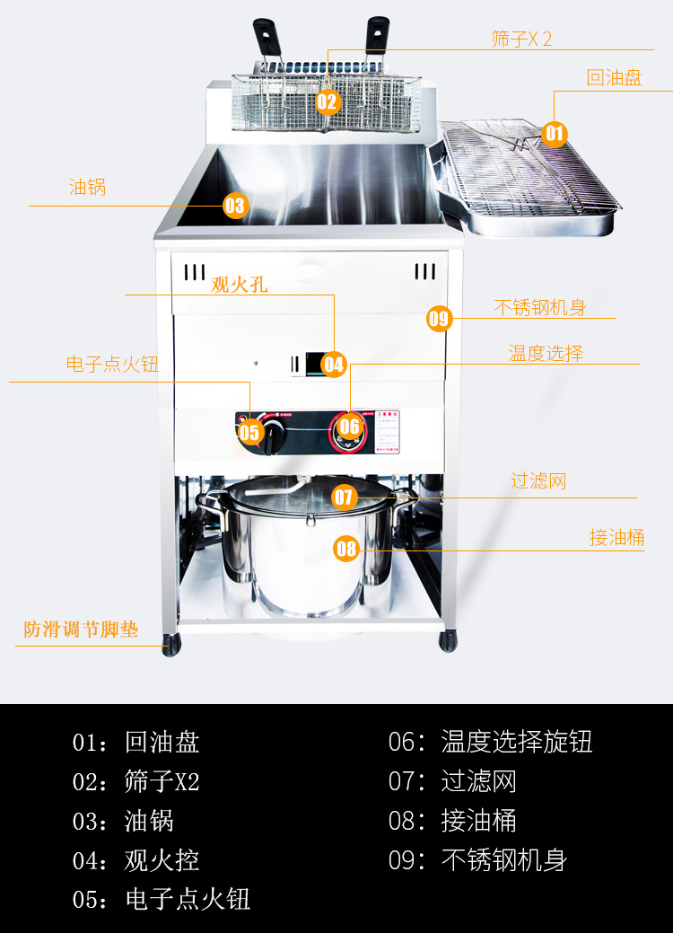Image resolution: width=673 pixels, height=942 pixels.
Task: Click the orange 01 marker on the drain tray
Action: click(x=555, y=135)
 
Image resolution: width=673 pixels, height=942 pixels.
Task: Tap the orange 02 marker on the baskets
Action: click(x=327, y=101)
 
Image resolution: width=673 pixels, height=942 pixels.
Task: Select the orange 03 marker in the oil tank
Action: click(x=234, y=206)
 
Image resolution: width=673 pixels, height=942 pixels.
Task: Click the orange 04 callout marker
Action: click(x=334, y=364)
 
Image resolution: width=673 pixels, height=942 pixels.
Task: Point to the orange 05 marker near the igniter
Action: click(x=249, y=432)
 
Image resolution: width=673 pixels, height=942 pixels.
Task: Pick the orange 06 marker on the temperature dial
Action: click(x=349, y=426)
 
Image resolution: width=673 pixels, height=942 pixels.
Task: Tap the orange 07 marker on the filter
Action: click(x=345, y=497)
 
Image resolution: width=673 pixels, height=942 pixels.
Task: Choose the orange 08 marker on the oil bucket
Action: click(x=346, y=548)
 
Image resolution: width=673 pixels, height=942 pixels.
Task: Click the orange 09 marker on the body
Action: click(x=439, y=318)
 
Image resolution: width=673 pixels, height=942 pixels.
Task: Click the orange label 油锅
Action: click(x=88, y=187)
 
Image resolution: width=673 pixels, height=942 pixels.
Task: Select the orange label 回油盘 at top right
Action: click(x=615, y=77)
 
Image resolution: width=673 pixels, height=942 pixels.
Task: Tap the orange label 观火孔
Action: click(x=240, y=285)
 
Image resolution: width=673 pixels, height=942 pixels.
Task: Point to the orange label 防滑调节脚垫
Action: click(x=81, y=629)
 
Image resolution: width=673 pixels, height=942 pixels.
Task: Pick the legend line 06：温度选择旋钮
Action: click(x=490, y=742)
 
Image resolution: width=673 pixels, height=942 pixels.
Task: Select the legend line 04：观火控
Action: click(x=135, y=860)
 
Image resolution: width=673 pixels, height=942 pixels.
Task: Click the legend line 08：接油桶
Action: click(x=452, y=821)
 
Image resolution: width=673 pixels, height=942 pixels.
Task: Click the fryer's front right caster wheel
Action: click(x=447, y=642)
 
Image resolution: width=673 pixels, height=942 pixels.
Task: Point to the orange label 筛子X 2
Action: click(x=521, y=39)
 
